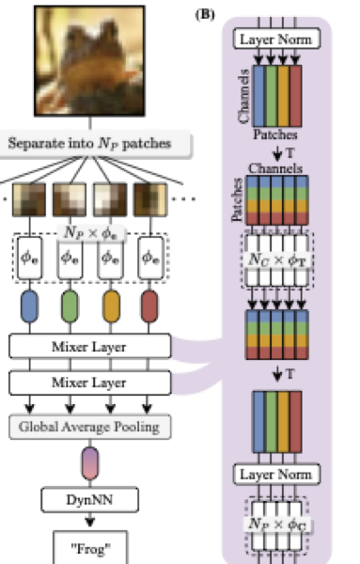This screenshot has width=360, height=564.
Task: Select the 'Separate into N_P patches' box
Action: [x=97, y=144]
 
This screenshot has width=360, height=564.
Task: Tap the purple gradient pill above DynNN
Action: [x=90, y=464]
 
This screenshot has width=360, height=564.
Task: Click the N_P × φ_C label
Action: [x=276, y=523]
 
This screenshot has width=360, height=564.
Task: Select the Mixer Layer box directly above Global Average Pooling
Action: [x=90, y=384]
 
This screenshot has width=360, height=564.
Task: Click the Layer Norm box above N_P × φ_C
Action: [x=276, y=474]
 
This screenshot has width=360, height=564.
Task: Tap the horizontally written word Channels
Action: [x=275, y=166]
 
